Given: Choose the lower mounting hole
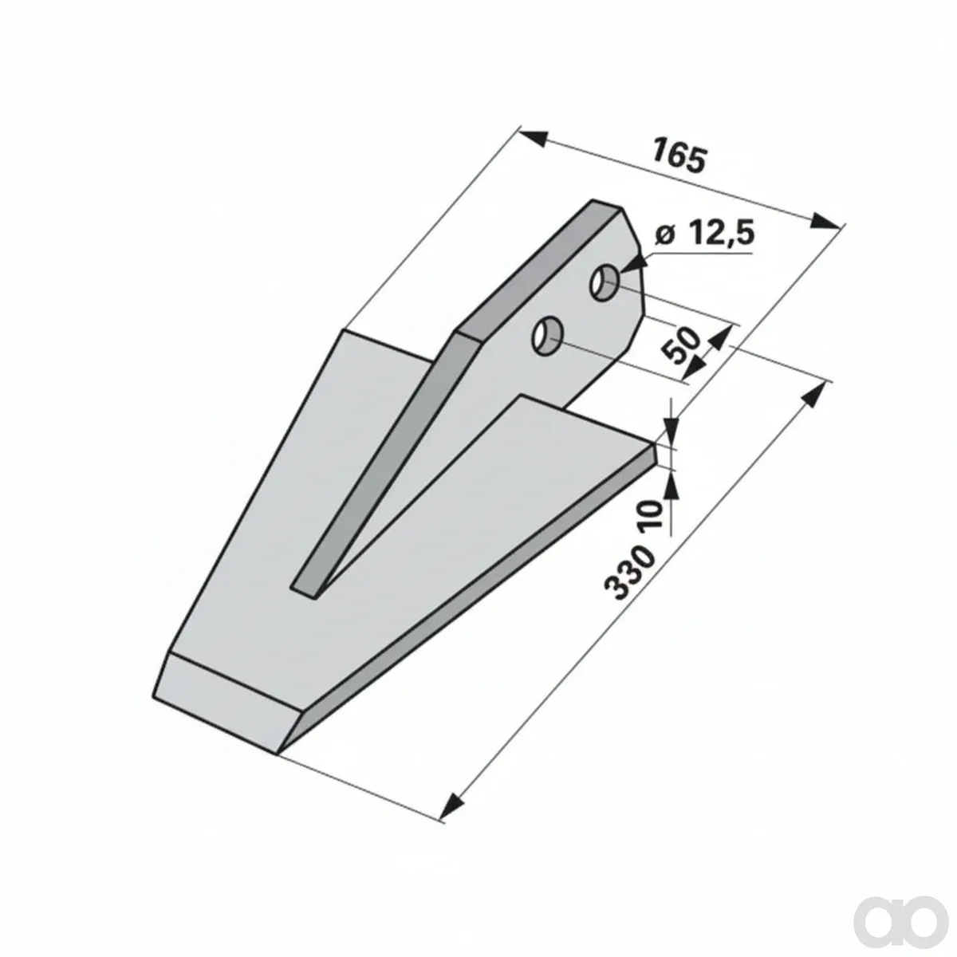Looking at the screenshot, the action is pos(547,336).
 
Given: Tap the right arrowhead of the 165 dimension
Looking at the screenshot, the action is pos(826,220).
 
